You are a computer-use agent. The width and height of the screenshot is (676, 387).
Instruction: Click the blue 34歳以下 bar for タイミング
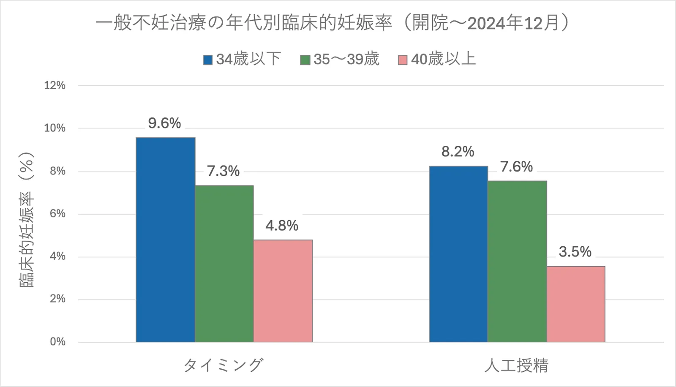click(x=165, y=240)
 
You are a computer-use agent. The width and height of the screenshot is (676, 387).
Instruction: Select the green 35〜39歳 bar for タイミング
click(x=224, y=264)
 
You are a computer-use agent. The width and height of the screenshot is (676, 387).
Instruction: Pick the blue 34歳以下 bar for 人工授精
click(x=458, y=254)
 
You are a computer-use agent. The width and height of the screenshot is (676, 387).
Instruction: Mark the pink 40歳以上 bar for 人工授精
click(x=576, y=304)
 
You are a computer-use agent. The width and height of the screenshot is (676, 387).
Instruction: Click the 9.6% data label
click(x=164, y=123)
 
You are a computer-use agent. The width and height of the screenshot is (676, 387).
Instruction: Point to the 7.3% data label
click(x=223, y=171)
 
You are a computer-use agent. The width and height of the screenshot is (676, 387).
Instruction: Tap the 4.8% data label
click(x=282, y=226)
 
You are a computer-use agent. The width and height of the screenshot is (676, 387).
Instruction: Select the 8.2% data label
click(x=458, y=152)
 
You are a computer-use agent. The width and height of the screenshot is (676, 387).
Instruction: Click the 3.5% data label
click(x=575, y=252)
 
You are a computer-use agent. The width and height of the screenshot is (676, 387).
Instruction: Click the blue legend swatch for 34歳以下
click(x=207, y=60)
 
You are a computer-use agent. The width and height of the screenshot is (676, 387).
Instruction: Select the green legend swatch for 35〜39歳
click(x=305, y=60)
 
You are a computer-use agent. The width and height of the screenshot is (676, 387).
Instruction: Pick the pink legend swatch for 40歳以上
click(x=403, y=60)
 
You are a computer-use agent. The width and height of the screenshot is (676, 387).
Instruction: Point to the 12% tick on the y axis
click(x=55, y=86)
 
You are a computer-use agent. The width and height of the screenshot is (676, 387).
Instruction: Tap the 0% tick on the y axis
click(x=57, y=342)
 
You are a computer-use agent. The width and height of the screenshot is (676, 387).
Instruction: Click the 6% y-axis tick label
click(x=57, y=214)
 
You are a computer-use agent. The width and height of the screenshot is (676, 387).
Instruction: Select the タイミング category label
click(x=224, y=365)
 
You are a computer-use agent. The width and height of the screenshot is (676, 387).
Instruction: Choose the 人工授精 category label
click(x=516, y=365)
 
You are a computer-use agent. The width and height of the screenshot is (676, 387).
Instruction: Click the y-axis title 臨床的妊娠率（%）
click(x=27, y=220)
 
